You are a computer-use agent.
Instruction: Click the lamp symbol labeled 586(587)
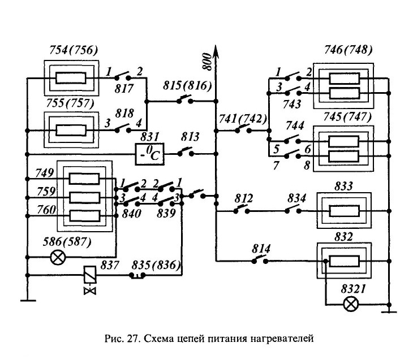coord(58,257)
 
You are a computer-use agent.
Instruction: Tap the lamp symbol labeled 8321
coord(351,305)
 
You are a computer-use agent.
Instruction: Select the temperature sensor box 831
coord(149,154)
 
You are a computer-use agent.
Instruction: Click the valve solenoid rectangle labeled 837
coord(89,275)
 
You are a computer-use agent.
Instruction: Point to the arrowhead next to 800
coord(216,50)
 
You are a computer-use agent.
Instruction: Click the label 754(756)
coord(74,50)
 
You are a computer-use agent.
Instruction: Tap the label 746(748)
coord(348,50)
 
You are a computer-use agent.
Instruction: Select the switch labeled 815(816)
coord(186,100)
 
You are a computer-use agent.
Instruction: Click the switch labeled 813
coord(186,153)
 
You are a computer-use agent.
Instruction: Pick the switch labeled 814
coord(260,260)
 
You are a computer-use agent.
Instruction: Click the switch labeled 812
coord(241,210)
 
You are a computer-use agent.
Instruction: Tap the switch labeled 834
coord(293,210)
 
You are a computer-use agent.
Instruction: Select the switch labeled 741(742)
coord(243,129)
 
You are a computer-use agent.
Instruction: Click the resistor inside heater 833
coord(344,211)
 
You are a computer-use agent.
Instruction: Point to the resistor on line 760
coord(84,216)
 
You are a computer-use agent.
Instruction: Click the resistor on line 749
coord(84,179)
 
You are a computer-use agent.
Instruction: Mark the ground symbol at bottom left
coord(28,301)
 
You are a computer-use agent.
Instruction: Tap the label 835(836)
coord(156,265)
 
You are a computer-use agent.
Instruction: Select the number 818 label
coord(124,114)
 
